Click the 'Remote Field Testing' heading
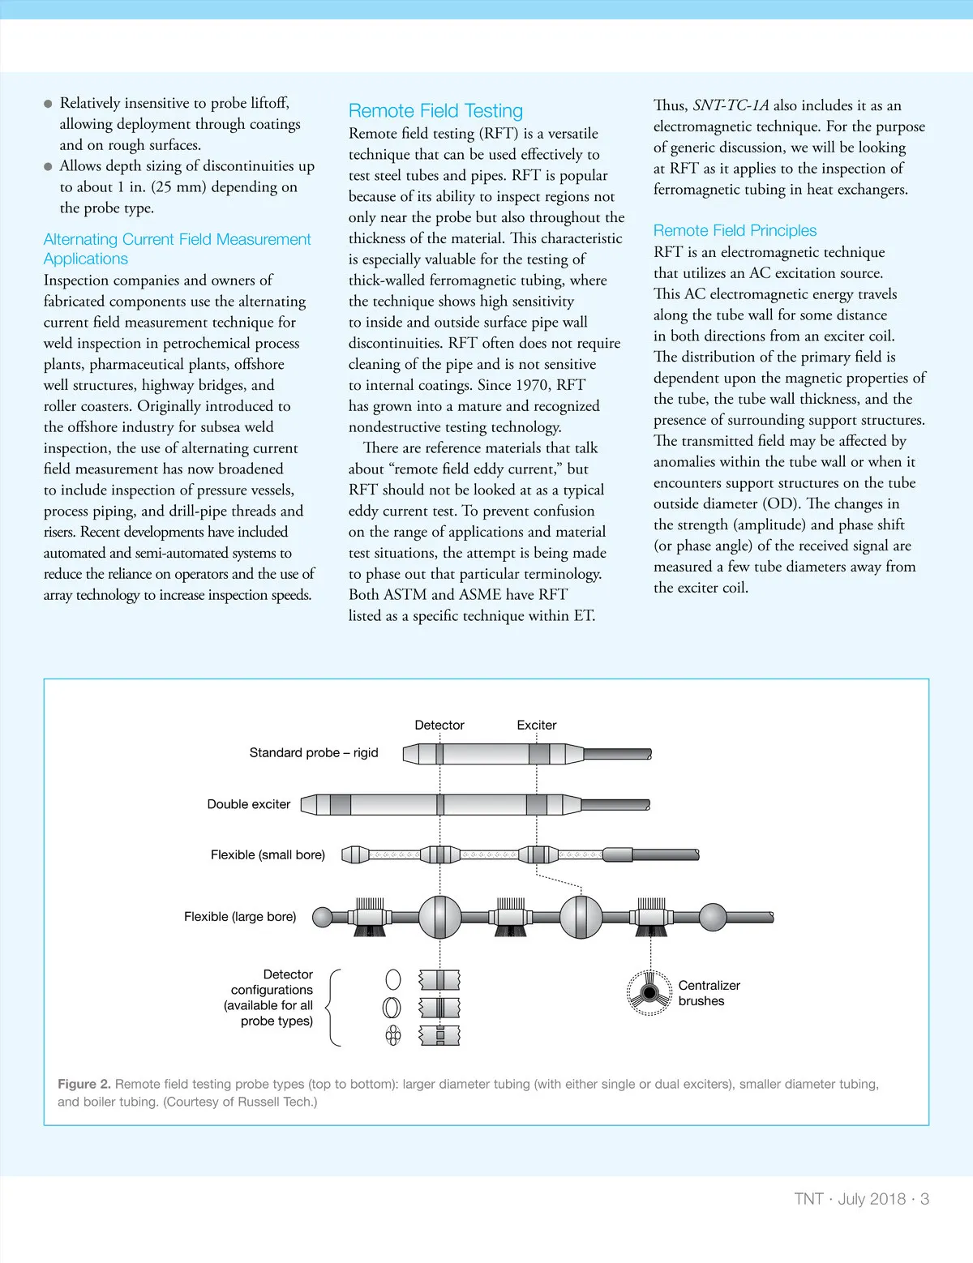coord(435,111)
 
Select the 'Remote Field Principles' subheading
coord(735,230)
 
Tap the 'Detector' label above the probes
coord(439,725)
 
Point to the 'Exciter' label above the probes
coord(537,725)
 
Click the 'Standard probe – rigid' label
coord(314,752)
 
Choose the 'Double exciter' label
coord(249,804)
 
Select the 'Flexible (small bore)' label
coord(268,854)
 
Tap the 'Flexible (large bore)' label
coord(240,916)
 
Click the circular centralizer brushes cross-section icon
coord(649,993)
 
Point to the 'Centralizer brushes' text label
coord(709,993)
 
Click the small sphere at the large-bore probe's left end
coord(323,917)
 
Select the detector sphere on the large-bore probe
coord(440,917)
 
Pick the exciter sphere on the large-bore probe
coord(582,917)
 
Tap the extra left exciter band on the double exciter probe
coord(341,805)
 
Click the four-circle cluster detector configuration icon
coord(393,1035)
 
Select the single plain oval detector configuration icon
coord(393,979)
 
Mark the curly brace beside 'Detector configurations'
coord(332,1007)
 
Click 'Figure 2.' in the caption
coord(84,1084)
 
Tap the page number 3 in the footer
coord(924,1199)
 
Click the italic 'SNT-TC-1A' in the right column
coord(731,105)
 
